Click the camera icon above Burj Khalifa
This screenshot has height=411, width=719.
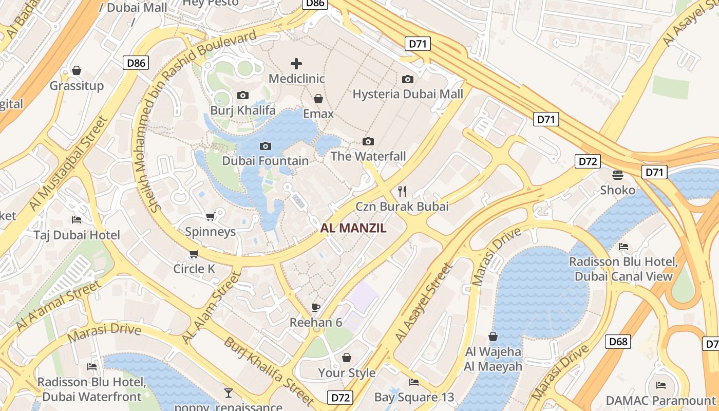pyautogui.click(x=243, y=95)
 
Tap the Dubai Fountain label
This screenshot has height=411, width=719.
pyautogui.click(x=266, y=161)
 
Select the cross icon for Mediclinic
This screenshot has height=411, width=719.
pyautogui.click(x=296, y=64)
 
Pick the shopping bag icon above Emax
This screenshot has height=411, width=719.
pyautogui.click(x=318, y=99)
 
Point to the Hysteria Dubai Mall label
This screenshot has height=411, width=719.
pyautogui.click(x=408, y=94)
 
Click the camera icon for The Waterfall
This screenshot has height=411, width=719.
pyautogui.click(x=368, y=141)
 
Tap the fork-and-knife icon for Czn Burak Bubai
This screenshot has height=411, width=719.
pyautogui.click(x=402, y=192)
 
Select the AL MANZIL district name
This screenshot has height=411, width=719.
pyautogui.click(x=353, y=229)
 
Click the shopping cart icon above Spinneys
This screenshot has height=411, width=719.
pyautogui.click(x=210, y=217)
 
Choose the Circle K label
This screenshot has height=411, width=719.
pyautogui.click(x=194, y=269)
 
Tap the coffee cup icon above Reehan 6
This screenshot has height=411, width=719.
pyautogui.click(x=316, y=308)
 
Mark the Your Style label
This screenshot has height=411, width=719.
pyautogui.click(x=347, y=373)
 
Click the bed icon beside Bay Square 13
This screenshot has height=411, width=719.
pyautogui.click(x=414, y=382)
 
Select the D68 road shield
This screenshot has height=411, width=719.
pyautogui.click(x=617, y=342)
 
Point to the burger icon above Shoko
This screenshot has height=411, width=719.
pyautogui.click(x=618, y=175)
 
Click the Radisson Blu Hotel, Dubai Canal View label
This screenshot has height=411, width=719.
pyautogui.click(x=623, y=269)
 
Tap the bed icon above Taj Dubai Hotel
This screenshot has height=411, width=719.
pyautogui.click(x=77, y=220)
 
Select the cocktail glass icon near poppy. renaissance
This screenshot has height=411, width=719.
pyautogui.click(x=229, y=393)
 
